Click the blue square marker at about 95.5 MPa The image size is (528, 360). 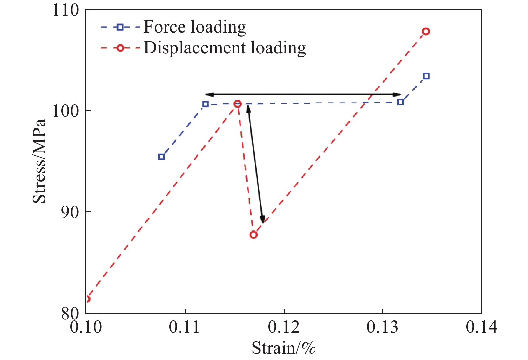161,157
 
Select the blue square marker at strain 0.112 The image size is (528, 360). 206,104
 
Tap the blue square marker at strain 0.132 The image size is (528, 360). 400,102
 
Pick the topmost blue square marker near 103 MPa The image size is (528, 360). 426,76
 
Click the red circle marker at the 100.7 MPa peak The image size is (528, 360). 237,104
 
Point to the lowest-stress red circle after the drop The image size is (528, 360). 253,235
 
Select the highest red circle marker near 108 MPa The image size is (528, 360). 426,31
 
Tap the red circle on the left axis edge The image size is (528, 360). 87,299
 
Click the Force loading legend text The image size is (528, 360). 195,27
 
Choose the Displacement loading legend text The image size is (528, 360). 225,48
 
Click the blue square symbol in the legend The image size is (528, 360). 120,27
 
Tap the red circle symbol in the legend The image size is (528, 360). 120,48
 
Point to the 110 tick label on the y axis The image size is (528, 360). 66,10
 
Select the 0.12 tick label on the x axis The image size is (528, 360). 284,327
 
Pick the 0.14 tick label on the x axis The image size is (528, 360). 481,327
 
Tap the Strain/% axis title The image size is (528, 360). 284,348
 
